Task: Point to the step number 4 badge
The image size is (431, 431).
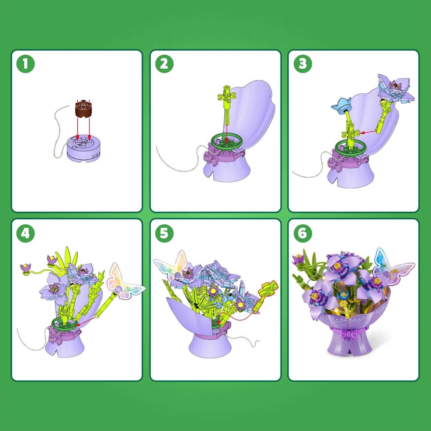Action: click(x=26, y=233)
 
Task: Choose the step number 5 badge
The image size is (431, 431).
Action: click(x=164, y=233)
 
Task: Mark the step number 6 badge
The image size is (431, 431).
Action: click(x=303, y=233)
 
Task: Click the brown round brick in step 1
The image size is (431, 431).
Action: click(x=83, y=108)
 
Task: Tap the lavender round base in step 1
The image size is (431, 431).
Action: click(x=83, y=148)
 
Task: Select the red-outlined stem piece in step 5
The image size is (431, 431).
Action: click(x=265, y=295)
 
